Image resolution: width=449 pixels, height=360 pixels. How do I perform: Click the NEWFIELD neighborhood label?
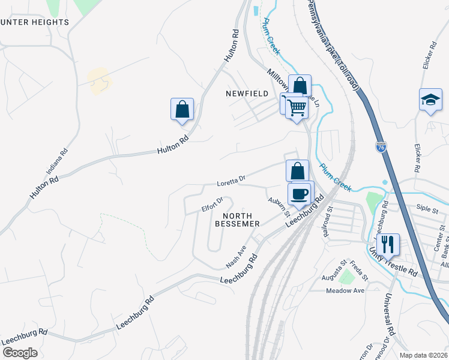(246, 94)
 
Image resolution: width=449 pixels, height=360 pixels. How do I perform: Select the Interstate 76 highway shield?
(381, 146)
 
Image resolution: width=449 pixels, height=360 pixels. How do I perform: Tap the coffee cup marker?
(300, 194)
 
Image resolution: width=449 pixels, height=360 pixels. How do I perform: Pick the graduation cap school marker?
(430, 100)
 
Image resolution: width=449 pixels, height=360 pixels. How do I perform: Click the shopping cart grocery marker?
(296, 108)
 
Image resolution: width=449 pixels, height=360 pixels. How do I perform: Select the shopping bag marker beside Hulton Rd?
(182, 110)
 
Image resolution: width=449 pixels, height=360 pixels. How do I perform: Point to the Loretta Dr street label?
(232, 179)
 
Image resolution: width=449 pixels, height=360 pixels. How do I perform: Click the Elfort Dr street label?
(212, 205)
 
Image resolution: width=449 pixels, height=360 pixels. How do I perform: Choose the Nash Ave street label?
(236, 257)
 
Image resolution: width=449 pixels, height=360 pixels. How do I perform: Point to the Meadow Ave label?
(345, 290)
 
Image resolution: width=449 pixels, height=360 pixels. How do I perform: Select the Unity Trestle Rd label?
(393, 262)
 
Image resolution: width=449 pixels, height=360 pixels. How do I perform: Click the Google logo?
(20, 352)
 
